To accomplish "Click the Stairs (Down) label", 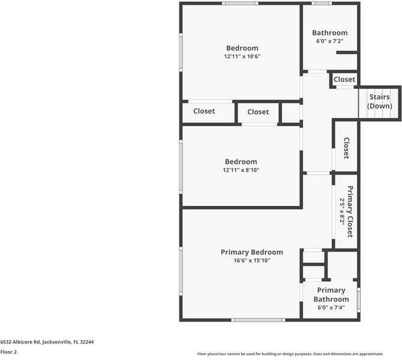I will pyautogui.click(x=379, y=101).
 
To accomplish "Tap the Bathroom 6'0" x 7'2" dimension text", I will pyautogui.click(x=329, y=41).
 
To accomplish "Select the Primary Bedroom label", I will pyautogui.click(x=251, y=252).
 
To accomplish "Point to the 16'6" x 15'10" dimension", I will pyautogui.click(x=251, y=260).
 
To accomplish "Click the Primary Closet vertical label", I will pyautogui.click(x=350, y=211).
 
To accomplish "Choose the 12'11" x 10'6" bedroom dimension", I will pyautogui.click(x=242, y=56).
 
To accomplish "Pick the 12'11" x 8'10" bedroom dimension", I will pyautogui.click(x=241, y=170).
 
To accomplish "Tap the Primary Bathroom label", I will pyautogui.click(x=331, y=295).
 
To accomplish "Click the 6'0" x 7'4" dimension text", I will pyautogui.click(x=331, y=308).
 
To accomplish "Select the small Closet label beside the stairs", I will pyautogui.click(x=344, y=79).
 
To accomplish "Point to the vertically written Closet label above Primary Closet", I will pyautogui.click(x=346, y=148).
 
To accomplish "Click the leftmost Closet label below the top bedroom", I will pyautogui.click(x=204, y=111).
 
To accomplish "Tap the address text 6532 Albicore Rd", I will pyautogui.click(x=47, y=341).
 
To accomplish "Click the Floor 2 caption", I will pyautogui.click(x=8, y=352).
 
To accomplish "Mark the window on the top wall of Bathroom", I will pyautogui.click(x=321, y=4).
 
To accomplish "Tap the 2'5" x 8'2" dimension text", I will pyautogui.click(x=343, y=211).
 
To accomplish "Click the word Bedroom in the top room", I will pyautogui.click(x=242, y=48).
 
